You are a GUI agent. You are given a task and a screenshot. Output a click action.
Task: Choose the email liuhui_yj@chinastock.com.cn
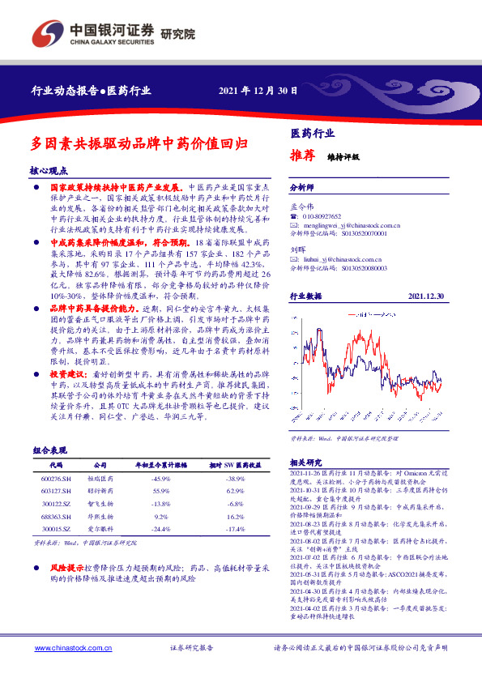[x=341, y=258]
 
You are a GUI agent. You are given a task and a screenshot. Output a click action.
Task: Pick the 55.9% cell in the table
[x=160, y=491]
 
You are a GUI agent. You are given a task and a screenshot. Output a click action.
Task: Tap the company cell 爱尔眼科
[x=100, y=527]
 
